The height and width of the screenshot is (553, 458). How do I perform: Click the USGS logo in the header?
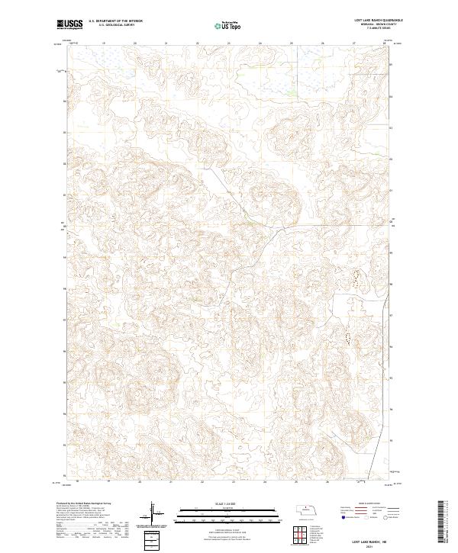[70, 24]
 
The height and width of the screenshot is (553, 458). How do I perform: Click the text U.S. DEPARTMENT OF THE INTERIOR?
[115, 21]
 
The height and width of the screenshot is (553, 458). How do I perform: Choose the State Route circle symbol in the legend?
[383, 517]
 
